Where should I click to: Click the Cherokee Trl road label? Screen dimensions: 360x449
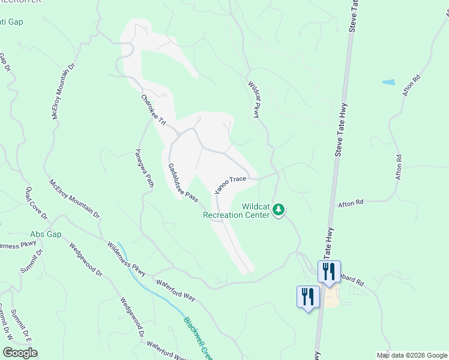[x=153, y=109]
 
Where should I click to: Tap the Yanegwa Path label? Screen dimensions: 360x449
[x=144, y=168]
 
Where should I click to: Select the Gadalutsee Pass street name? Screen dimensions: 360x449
[x=182, y=182]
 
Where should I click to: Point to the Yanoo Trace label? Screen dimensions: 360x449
[x=231, y=184]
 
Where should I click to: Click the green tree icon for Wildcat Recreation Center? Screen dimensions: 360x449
[x=278, y=210]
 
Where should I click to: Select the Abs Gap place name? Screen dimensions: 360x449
[x=46, y=234]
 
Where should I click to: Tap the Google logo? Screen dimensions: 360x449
[x=20, y=353]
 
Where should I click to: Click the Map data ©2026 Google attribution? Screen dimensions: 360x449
[x=411, y=355]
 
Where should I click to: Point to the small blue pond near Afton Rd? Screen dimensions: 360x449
[x=388, y=82]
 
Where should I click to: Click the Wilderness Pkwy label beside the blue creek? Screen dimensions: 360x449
[x=127, y=256]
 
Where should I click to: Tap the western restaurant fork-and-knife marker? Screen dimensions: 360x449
[x=306, y=296]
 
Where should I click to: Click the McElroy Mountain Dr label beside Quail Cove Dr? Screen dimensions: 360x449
[x=74, y=198]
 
